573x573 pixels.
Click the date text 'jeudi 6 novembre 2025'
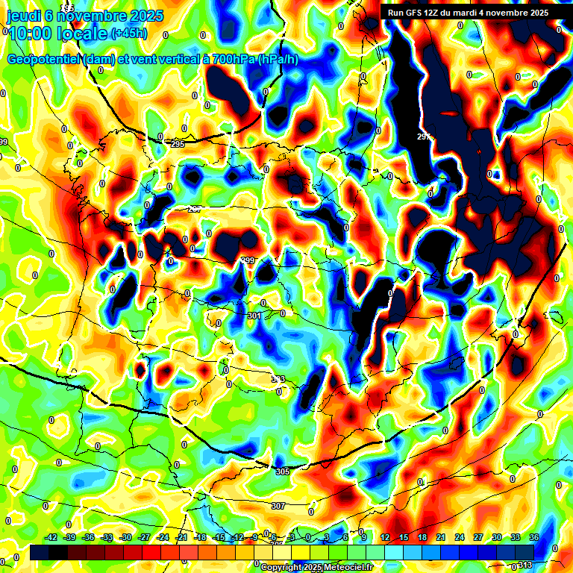tap(85, 16)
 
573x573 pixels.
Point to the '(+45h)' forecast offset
tap(128, 34)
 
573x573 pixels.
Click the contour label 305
tap(282, 472)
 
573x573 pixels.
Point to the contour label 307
tap(278, 506)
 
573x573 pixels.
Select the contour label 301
tap(254, 316)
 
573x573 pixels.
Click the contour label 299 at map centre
tap(248, 260)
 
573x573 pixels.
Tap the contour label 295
tap(177, 144)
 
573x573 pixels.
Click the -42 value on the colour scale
tap(51, 537)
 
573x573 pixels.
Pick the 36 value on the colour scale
tap(533, 537)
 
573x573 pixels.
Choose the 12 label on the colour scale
tap(385, 537)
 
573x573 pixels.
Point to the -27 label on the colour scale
tap(145, 537)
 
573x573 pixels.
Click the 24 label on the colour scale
tap(459, 537)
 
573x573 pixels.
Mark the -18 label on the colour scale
tap(200, 537)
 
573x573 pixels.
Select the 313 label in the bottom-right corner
tap(526, 565)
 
